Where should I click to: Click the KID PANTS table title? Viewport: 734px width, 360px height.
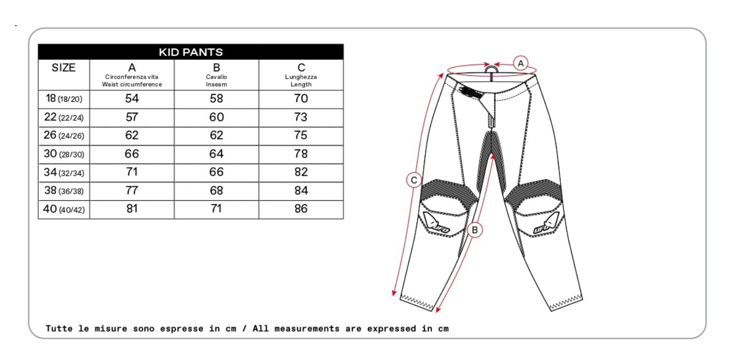click(191, 52)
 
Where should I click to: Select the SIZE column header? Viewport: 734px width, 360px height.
click(64, 68)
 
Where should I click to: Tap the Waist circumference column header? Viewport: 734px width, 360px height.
click(132, 75)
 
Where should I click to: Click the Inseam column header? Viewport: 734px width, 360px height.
click(216, 75)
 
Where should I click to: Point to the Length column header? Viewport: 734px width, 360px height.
click(301, 75)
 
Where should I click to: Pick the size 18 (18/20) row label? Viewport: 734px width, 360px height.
click(64, 98)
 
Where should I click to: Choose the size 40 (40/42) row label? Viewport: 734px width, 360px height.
click(64, 209)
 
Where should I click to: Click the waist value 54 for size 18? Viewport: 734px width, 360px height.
click(132, 98)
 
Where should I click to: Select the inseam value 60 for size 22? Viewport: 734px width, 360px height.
click(216, 117)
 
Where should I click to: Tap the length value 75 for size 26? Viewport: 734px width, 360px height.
click(301, 135)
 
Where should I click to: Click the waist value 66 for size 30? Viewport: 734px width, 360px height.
click(132, 154)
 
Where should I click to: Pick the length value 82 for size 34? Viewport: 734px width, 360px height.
click(301, 172)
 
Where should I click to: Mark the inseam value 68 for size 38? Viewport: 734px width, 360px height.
click(216, 190)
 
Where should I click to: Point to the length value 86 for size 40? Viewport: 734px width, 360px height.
click(301, 209)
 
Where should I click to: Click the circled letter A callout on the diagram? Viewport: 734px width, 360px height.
click(520, 63)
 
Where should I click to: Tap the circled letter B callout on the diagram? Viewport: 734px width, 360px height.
click(475, 230)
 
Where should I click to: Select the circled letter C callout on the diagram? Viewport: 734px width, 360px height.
click(414, 180)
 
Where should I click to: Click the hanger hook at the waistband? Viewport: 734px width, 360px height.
click(491, 70)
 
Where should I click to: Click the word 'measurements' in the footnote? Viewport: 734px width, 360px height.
click(307, 329)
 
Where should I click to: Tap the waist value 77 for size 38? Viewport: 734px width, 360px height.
click(132, 190)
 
